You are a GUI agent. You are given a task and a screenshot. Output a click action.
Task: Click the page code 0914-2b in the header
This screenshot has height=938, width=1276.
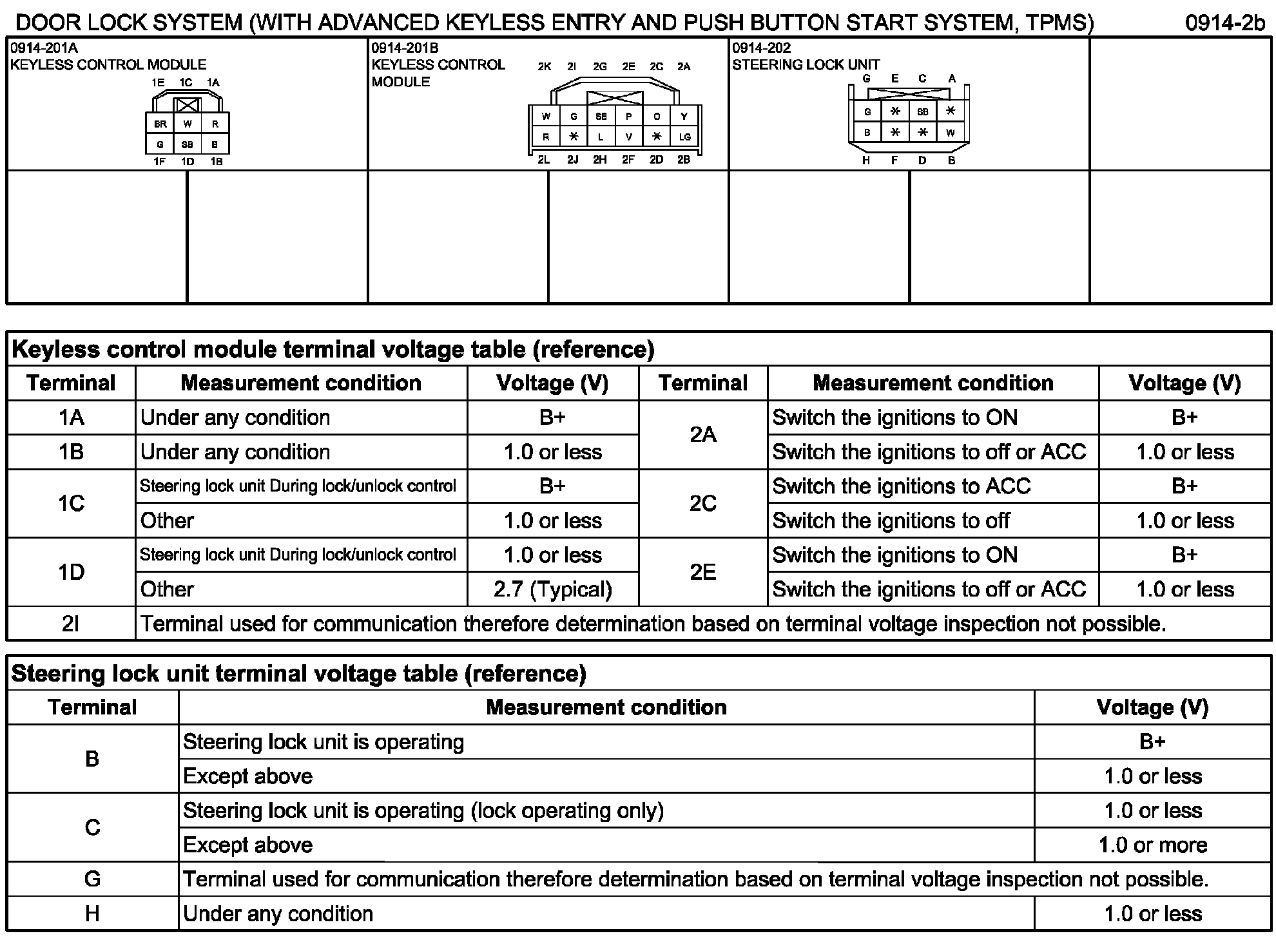[x=1225, y=23]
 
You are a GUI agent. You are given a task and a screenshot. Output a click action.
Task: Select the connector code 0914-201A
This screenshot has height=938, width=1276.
[x=44, y=48]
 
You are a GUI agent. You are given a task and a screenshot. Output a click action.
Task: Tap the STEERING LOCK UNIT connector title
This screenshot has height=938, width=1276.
[x=806, y=65]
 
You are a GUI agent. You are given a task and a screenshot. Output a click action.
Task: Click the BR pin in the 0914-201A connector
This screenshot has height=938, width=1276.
[x=160, y=124]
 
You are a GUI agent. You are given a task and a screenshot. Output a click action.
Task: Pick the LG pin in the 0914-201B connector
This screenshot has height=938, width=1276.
[x=684, y=137]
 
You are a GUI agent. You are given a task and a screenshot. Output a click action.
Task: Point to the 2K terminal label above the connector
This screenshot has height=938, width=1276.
[x=545, y=67]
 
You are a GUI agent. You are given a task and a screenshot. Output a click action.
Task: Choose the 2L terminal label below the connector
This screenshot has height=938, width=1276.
[x=544, y=160]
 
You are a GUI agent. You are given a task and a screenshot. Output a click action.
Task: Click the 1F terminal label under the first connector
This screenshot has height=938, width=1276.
[x=159, y=162]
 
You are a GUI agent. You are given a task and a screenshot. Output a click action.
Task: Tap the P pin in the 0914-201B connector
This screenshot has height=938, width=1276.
[x=629, y=117]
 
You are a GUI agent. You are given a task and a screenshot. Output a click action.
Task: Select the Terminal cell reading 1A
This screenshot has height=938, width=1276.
[x=72, y=418]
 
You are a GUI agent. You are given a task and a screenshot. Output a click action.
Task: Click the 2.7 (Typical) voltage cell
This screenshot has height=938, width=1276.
[x=553, y=589]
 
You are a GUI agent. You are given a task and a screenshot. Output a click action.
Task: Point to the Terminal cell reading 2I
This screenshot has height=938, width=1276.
[x=72, y=624]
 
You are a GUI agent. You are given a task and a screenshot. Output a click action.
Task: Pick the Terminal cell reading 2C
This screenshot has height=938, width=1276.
[x=703, y=504]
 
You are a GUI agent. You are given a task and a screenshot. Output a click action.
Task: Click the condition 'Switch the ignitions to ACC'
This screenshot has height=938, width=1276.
[x=902, y=486]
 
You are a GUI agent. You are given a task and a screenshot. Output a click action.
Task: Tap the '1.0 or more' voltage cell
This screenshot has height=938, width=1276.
[x=1153, y=845]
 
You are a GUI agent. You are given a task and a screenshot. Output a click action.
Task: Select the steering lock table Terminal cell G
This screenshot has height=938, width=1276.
[x=93, y=879]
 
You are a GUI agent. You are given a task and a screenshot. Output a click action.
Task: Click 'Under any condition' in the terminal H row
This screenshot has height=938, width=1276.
[x=278, y=914]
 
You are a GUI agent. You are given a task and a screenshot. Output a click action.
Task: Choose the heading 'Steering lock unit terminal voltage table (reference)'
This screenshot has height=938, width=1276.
[x=299, y=674]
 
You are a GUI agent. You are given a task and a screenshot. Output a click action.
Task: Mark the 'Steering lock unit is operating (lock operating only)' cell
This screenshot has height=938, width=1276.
[x=423, y=810]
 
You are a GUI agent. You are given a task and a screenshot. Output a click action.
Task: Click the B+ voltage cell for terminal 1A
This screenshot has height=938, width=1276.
[x=553, y=418]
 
